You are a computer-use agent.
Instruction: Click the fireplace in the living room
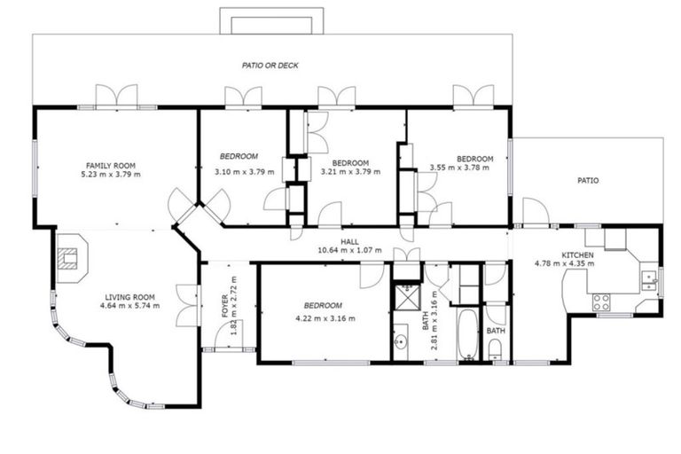click(68, 256)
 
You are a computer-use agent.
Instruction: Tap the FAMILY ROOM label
click(110, 165)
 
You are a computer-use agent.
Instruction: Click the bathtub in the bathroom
click(466, 335)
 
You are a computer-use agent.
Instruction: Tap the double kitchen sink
click(648, 277)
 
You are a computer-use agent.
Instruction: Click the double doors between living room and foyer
click(187, 305)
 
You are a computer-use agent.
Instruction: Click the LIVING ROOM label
click(130, 297)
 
